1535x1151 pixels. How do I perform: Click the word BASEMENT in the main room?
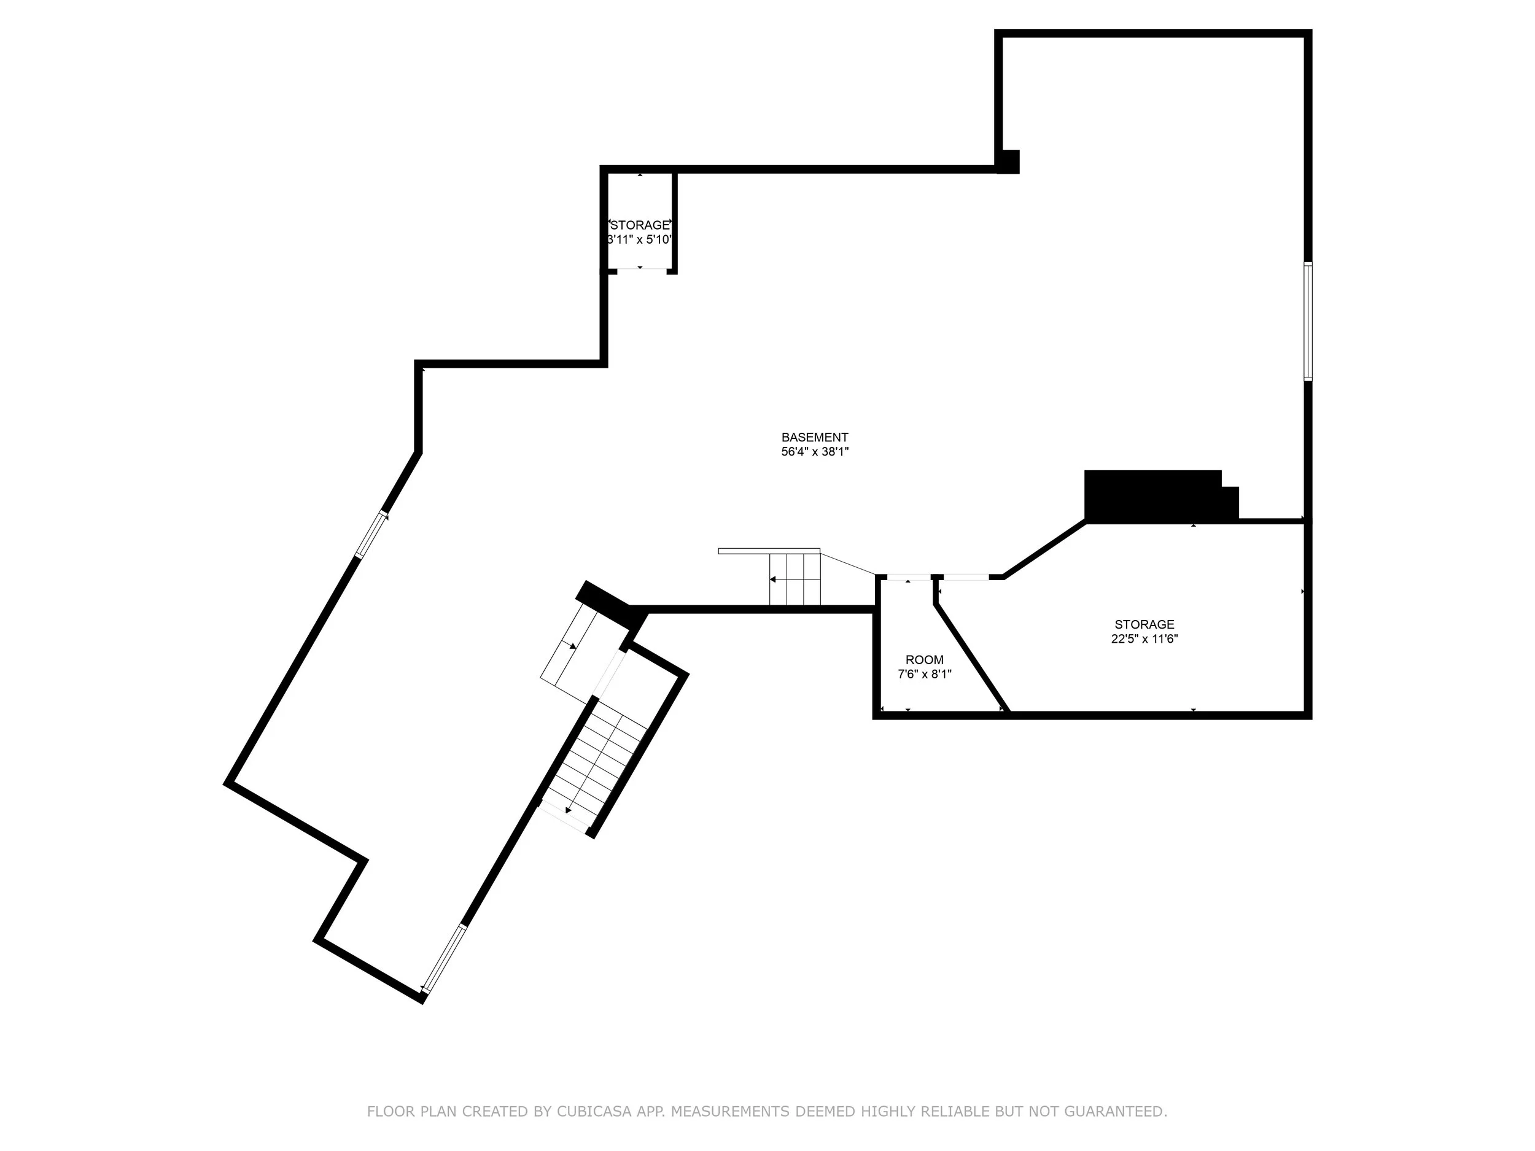815,437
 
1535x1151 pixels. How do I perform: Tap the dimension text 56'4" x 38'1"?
815,452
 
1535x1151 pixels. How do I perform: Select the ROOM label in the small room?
924,660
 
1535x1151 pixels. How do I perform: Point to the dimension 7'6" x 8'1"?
924,673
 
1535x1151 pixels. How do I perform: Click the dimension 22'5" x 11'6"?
1144,639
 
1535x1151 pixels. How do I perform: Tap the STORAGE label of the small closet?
640,225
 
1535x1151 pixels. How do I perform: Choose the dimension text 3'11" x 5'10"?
640,239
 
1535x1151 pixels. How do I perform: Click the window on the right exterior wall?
1307,321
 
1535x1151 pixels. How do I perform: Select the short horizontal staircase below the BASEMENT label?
795,579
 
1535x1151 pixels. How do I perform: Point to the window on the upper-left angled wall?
371,534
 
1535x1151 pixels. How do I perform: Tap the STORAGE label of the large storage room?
1144,624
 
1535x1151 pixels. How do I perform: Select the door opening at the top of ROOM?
908,577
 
